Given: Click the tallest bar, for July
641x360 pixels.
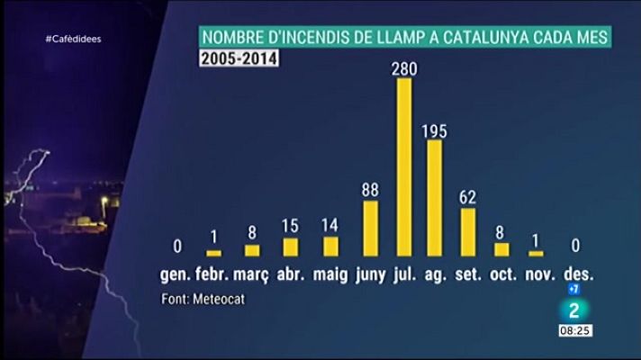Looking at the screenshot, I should [404, 166].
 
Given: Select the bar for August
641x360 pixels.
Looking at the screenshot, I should [435, 198].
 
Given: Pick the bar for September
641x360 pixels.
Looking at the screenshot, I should [468, 232].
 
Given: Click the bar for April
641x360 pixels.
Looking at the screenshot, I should [291, 247].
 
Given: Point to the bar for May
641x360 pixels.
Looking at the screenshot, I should [330, 247].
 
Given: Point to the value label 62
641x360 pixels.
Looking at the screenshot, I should [468, 197].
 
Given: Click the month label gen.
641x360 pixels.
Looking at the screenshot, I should [176, 274].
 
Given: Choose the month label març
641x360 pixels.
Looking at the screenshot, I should [252, 274].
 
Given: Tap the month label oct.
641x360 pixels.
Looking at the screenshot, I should [502, 274].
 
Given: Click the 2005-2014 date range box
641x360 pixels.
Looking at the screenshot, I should [239, 60].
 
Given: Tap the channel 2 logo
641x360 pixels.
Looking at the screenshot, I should [573, 310].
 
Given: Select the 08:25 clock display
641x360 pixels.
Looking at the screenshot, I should [573, 331].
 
